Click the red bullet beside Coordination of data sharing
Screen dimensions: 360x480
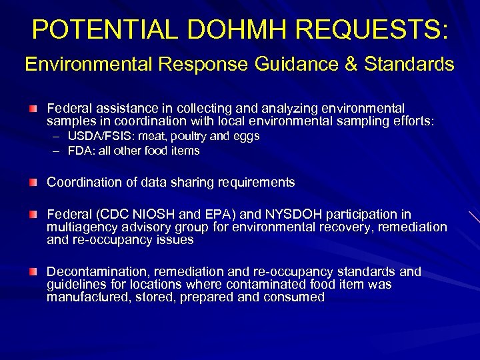coord(33,182)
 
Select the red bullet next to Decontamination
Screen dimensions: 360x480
coord(33,271)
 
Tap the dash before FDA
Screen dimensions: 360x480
coord(59,151)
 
